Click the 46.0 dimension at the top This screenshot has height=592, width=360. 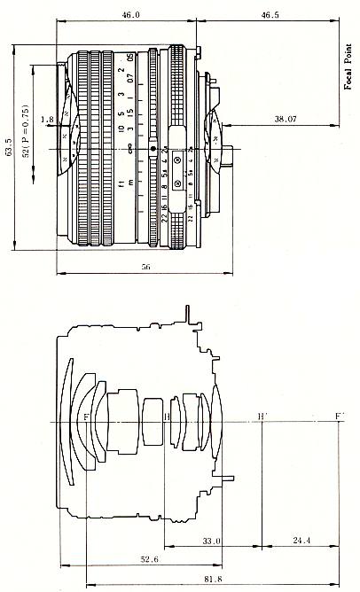pos(130,15)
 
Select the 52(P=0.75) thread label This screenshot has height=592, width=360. pos(27,131)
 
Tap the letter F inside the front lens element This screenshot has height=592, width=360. pos(86,416)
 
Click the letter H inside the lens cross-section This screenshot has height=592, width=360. pos(168,417)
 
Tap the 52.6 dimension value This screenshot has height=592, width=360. pos(131,559)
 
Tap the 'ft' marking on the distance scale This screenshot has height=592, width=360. pos(119,184)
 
